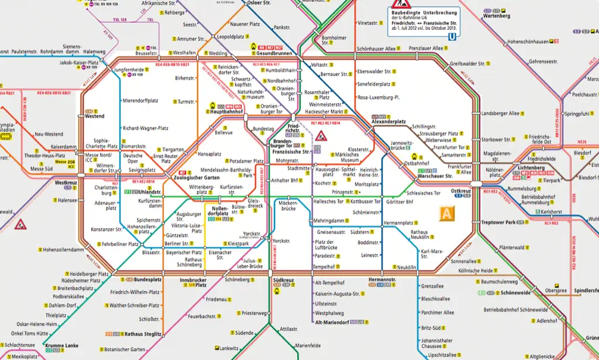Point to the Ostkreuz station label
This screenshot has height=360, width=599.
tap(461, 191)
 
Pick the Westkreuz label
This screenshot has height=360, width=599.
tap(66, 183)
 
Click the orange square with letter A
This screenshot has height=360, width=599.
tap(447, 214)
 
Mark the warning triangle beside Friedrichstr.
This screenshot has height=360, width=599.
tap(322, 137)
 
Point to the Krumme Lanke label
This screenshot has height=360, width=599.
tap(62, 345)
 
